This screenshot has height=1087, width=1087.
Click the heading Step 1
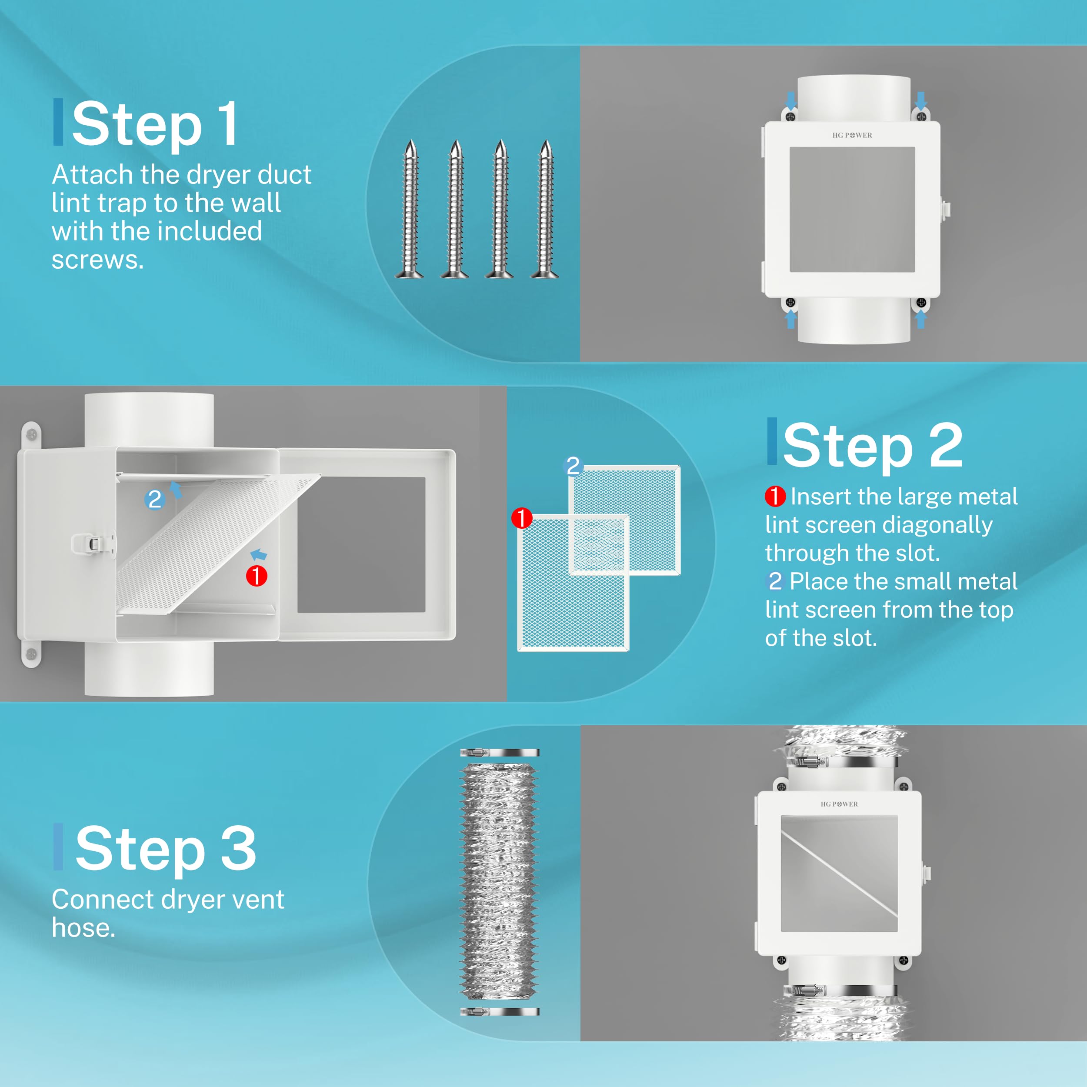pyautogui.click(x=155, y=124)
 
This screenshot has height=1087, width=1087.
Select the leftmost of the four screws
pyautogui.click(x=410, y=209)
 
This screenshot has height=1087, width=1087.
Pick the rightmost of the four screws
pyautogui.click(x=545, y=209)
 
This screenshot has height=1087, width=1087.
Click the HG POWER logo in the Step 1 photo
pyautogui.click(x=852, y=135)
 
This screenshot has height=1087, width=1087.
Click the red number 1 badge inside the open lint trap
pyautogui.click(x=257, y=576)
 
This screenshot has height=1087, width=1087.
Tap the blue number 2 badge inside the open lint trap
pyautogui.click(x=155, y=499)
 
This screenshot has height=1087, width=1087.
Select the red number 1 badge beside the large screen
pyautogui.click(x=522, y=517)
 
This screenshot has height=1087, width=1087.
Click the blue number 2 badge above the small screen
pyautogui.click(x=573, y=466)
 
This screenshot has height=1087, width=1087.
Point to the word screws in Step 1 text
pyautogui.click(x=97, y=260)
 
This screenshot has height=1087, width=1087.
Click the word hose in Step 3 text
pyautogui.click(x=83, y=928)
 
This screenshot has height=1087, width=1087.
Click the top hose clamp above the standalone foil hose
pyautogui.click(x=500, y=753)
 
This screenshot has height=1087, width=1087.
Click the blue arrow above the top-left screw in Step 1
pyautogui.click(x=790, y=101)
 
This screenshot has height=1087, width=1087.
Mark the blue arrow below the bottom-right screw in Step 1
pyautogui.click(x=921, y=319)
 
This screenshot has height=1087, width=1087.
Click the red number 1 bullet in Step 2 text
pyautogui.click(x=775, y=496)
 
